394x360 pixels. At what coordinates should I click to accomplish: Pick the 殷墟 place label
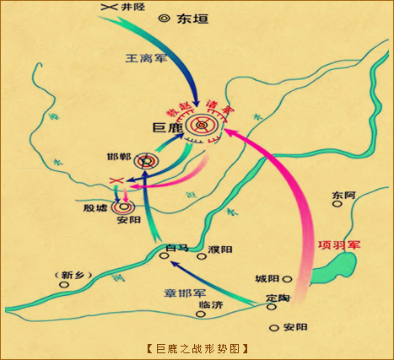click(94, 207)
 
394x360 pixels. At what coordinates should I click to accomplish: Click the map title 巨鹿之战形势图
click(197, 347)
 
